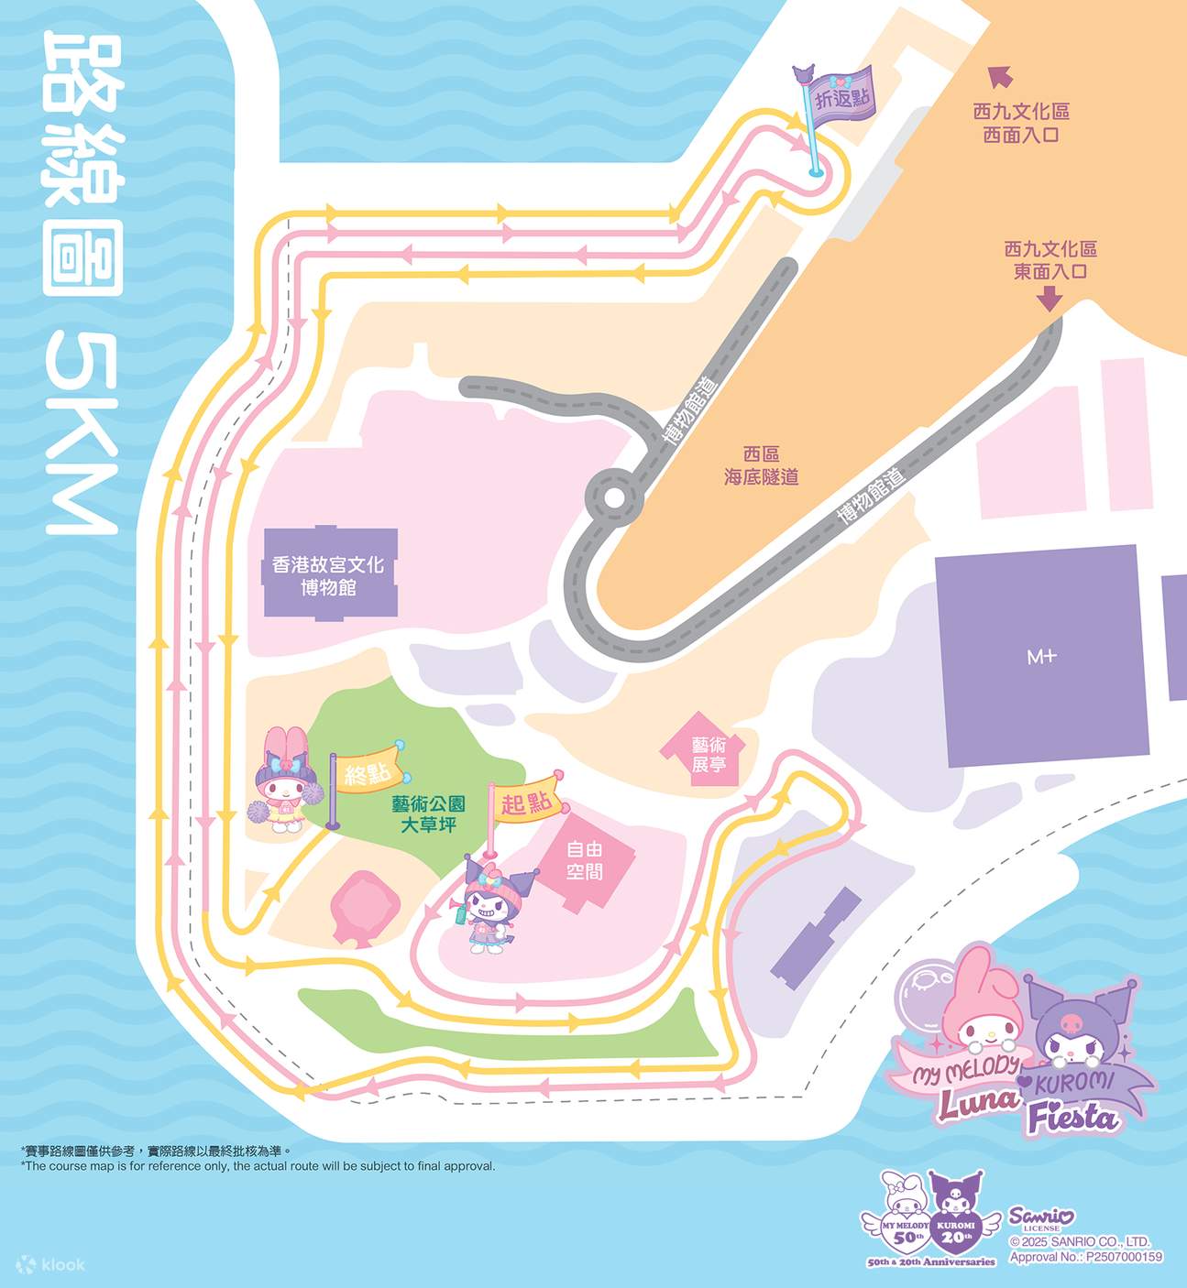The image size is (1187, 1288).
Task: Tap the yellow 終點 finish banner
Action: tap(367, 773)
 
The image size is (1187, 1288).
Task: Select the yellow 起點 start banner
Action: tap(527, 803)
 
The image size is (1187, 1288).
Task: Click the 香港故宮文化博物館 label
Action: tap(328, 575)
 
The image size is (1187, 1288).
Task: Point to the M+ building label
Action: tap(1042, 656)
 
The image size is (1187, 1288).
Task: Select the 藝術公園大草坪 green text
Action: tap(428, 813)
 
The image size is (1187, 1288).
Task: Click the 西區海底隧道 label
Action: tap(761, 465)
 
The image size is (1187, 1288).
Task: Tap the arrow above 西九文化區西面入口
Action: tap(998, 76)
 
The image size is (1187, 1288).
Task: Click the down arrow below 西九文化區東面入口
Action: tap(1049, 298)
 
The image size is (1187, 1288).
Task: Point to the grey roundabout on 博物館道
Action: tap(612, 497)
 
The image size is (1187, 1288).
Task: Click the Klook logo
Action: tap(51, 1264)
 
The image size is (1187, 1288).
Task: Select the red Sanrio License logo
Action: tap(1041, 1217)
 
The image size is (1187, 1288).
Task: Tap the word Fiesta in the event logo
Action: tap(1072, 1118)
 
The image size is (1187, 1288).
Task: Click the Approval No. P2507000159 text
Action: tap(1085, 1257)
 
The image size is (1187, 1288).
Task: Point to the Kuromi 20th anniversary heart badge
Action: tap(956, 1226)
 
